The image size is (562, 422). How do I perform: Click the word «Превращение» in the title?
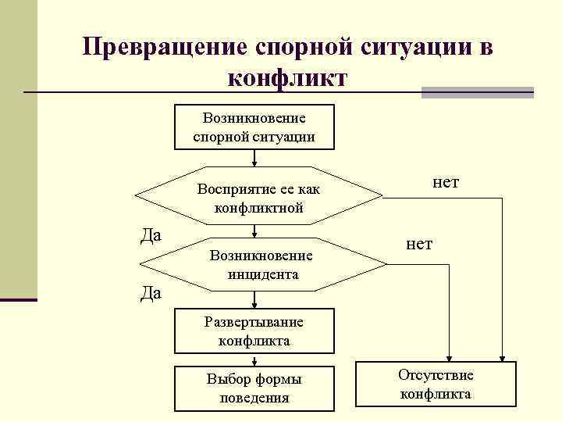[x=165, y=48]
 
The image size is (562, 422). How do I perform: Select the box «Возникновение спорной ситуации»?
[x=254, y=127]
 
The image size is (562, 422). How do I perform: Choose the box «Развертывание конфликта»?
[x=254, y=331]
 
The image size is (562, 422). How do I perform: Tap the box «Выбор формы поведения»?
[x=254, y=388]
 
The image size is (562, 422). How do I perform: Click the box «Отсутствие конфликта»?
[x=435, y=384]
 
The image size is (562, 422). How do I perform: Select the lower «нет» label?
[x=419, y=244]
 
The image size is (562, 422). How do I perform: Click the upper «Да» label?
[x=151, y=234]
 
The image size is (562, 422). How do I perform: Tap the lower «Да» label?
[x=151, y=293]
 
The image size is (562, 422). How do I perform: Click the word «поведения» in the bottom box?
[x=254, y=398]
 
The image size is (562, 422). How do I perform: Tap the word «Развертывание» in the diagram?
[x=254, y=321]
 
